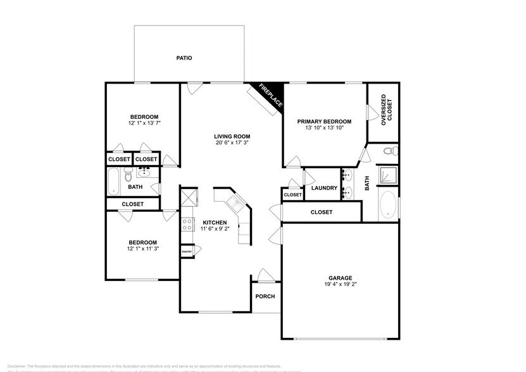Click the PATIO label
[184, 58]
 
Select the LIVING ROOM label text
[232, 136]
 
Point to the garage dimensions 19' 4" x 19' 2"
[340, 285]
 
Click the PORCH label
[265, 297]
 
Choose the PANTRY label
[187, 252]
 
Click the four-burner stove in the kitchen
[187, 224]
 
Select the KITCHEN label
[215, 223]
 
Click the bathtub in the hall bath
[115, 181]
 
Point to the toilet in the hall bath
[128, 177]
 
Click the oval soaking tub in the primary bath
[388, 208]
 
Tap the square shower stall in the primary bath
[388, 176]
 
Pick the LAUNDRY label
[325, 188]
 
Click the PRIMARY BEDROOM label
[324, 121]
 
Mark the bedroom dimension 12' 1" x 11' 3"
[142, 249]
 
